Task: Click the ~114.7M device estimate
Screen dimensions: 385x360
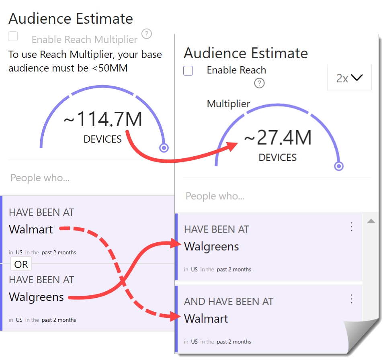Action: tap(103, 119)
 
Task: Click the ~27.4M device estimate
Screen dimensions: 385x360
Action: tap(278, 137)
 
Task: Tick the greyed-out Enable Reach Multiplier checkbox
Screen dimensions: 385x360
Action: tap(13, 36)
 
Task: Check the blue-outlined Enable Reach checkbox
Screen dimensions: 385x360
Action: tap(188, 71)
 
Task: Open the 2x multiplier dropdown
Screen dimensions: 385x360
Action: tap(349, 78)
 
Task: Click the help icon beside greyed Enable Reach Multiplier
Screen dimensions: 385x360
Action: tap(147, 34)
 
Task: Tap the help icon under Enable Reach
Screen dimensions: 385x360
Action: tap(259, 83)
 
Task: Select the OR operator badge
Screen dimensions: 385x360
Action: tap(21, 264)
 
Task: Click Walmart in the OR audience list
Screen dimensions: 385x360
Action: tap(31, 229)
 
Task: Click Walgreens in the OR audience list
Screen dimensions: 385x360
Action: tap(36, 297)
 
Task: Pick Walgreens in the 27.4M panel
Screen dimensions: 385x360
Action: tap(211, 247)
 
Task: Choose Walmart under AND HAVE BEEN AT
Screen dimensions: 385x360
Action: tap(206, 319)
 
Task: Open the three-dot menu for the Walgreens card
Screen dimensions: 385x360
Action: tap(352, 227)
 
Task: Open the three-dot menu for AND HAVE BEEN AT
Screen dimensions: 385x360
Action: tap(352, 299)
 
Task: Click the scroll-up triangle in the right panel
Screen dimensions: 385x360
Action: tap(371, 221)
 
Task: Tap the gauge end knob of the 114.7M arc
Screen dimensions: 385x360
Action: tap(164, 148)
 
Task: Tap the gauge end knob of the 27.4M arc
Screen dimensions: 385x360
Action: tap(339, 166)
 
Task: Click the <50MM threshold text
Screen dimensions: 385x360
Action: tap(110, 68)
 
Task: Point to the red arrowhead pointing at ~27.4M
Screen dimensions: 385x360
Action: tap(231, 147)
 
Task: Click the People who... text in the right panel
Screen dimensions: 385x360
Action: tap(215, 196)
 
